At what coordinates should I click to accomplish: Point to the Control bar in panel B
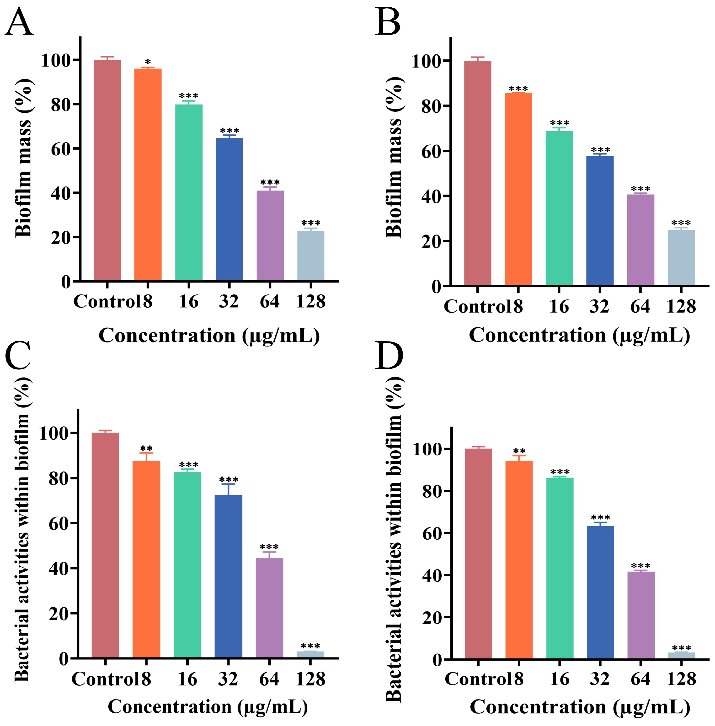point(477,173)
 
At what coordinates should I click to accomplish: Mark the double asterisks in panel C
point(146,448)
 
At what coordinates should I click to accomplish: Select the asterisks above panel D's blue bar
point(600,518)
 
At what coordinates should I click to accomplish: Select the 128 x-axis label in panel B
point(681,306)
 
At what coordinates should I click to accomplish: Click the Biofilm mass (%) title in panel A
point(23,158)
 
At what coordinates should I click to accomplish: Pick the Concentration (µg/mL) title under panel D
point(580,707)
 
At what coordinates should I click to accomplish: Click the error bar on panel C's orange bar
point(146,457)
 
